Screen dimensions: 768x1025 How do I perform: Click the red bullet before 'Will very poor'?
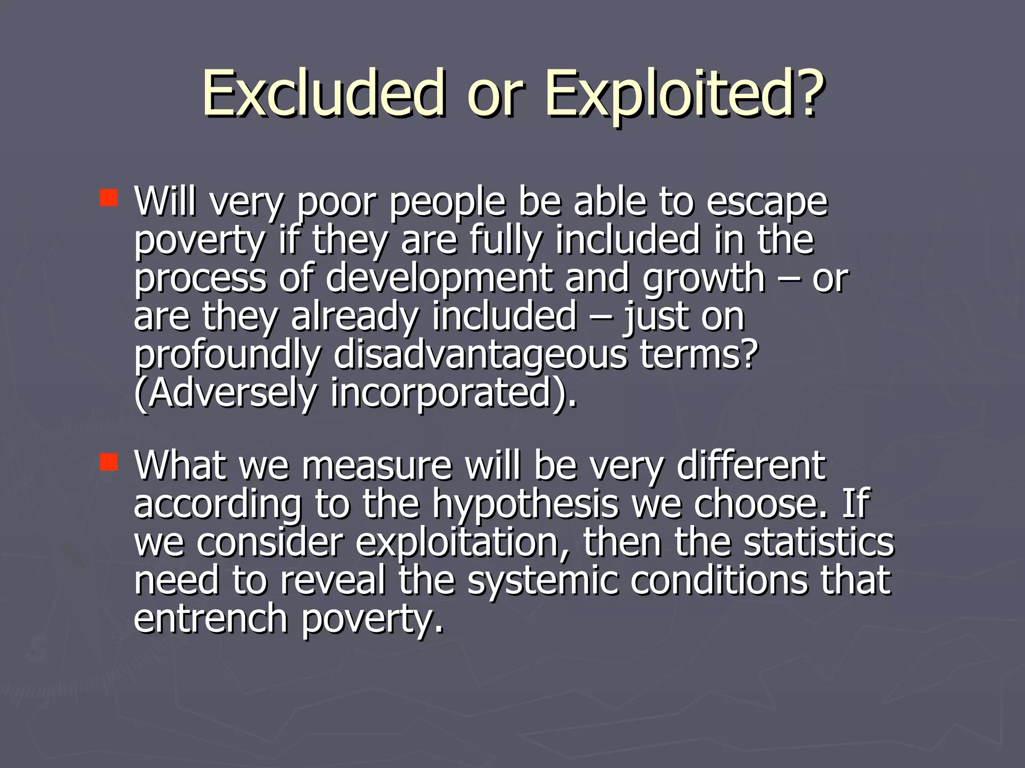click(x=109, y=197)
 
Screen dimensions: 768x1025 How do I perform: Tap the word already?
click(x=354, y=317)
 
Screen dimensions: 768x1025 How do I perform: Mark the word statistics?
click(x=819, y=542)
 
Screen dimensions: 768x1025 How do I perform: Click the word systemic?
click(x=543, y=581)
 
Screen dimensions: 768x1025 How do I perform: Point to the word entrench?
click(x=210, y=619)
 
